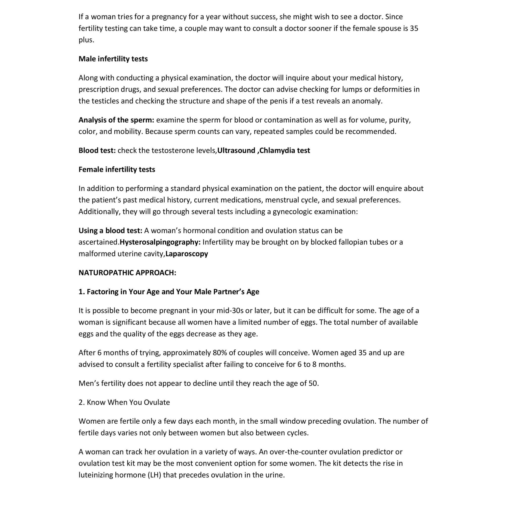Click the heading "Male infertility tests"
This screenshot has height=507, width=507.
(113, 59)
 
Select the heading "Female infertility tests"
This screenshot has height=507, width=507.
(117, 170)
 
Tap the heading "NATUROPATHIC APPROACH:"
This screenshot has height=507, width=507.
(127, 273)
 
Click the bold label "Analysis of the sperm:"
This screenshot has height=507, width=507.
(116, 120)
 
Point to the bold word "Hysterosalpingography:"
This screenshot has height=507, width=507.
(160, 242)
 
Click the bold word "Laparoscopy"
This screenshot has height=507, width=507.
(187, 254)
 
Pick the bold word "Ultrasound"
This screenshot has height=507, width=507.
(236, 150)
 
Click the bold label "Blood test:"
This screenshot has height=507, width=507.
(97, 150)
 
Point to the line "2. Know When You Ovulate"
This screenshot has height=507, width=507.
(124, 402)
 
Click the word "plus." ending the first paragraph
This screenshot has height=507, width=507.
(86, 40)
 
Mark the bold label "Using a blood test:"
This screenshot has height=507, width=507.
(110, 231)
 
